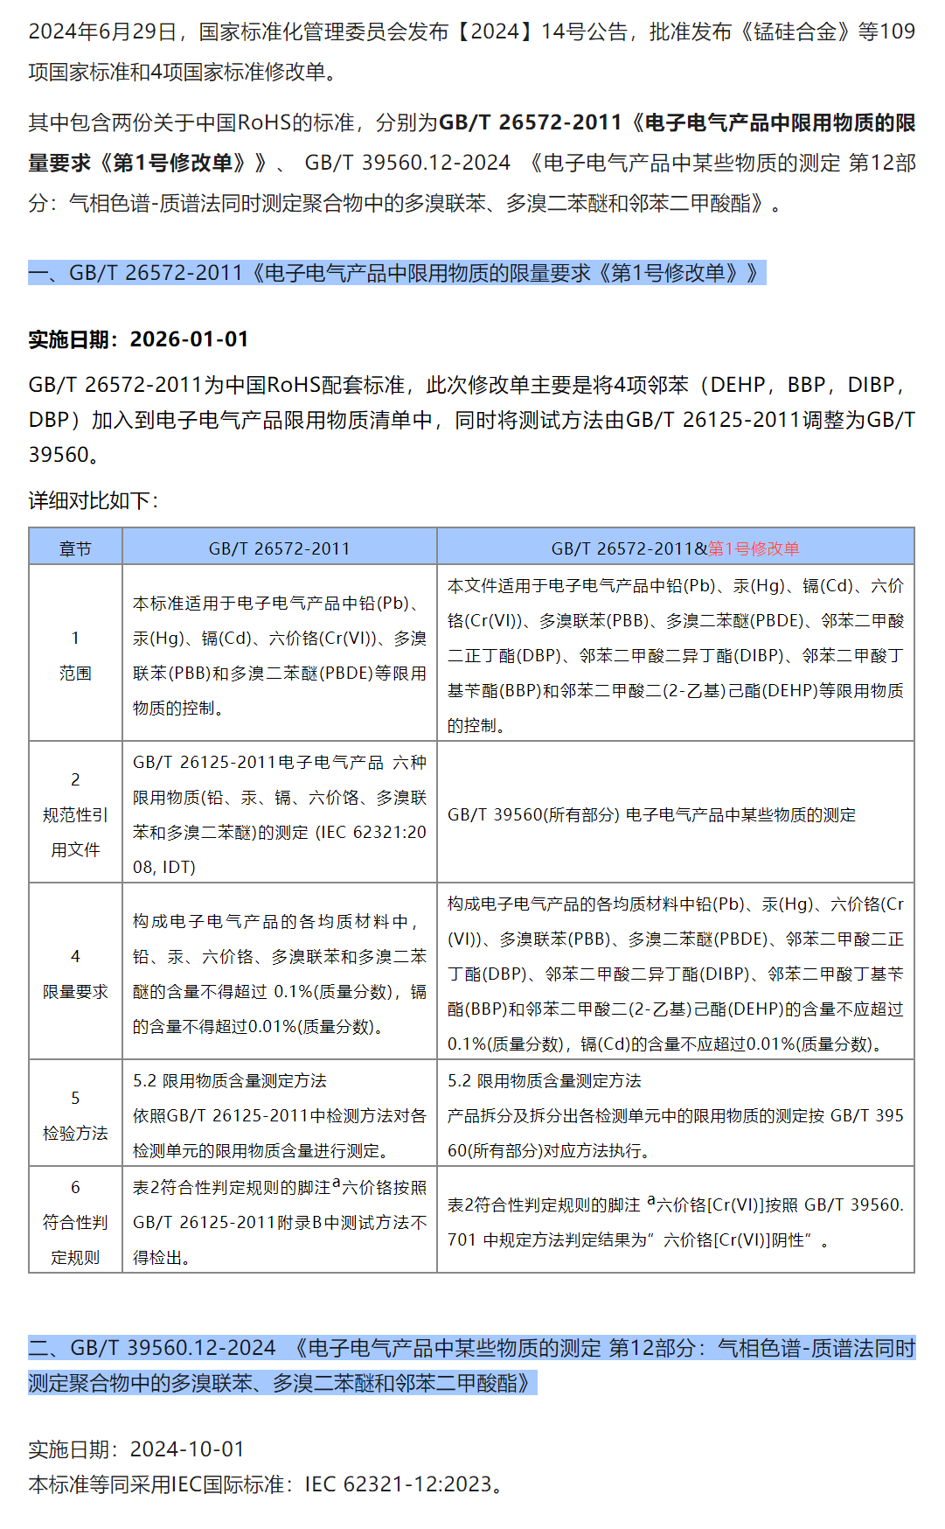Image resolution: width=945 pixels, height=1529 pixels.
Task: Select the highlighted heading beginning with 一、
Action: (396, 273)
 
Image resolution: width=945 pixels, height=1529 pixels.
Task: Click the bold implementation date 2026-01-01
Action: (189, 339)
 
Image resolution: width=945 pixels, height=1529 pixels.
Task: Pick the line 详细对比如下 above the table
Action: (94, 500)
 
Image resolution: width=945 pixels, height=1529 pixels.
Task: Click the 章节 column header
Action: (75, 548)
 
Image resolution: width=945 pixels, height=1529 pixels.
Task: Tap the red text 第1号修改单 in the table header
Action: (754, 548)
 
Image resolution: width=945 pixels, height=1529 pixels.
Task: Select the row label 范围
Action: (75, 673)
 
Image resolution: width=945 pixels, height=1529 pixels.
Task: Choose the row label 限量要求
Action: (75, 991)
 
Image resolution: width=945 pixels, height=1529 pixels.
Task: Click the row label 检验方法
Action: (75, 1133)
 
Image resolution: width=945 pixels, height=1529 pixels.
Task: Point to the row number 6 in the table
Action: (75, 1187)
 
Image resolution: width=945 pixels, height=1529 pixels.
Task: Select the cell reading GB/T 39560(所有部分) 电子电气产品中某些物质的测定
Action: (651, 814)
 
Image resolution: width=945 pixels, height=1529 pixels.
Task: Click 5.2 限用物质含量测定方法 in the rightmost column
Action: (544, 1080)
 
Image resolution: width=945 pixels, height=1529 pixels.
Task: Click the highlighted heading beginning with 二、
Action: (471, 1365)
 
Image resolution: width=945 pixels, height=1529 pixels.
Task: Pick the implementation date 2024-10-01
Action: (187, 1449)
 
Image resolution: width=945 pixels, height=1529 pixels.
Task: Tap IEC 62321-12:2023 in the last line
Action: (398, 1484)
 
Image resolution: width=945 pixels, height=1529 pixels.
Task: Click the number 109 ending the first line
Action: (897, 31)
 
